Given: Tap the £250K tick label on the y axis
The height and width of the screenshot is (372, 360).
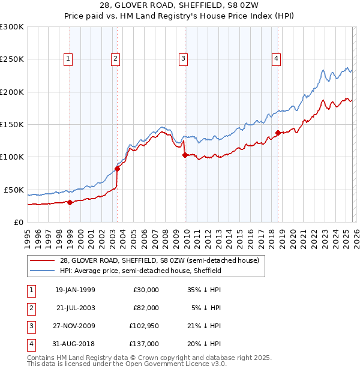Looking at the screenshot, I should coord(12,59).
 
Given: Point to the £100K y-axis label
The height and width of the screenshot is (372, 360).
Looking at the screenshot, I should coord(12,157).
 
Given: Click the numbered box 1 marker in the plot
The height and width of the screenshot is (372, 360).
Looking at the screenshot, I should coord(69,59).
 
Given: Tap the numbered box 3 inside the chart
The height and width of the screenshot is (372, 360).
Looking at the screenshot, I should coord(183,59).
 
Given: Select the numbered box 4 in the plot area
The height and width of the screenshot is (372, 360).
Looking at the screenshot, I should coord(276,59).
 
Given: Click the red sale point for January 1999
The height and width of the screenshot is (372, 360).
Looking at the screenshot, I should coord(70,202).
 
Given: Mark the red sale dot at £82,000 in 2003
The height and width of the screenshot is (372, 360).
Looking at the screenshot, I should coord(118,169).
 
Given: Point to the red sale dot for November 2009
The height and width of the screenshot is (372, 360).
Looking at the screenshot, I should coord(185,155).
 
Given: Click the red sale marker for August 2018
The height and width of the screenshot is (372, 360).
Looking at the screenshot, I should coord(278,133).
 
